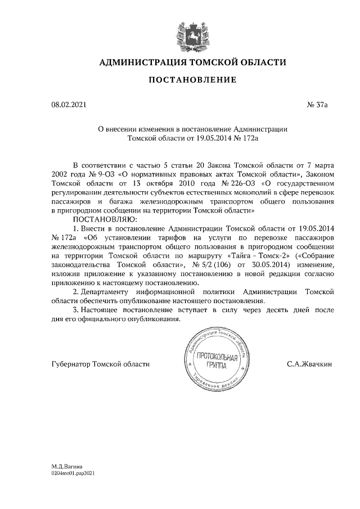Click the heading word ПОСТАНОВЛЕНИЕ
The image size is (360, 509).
192,81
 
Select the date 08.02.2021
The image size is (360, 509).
67,105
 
